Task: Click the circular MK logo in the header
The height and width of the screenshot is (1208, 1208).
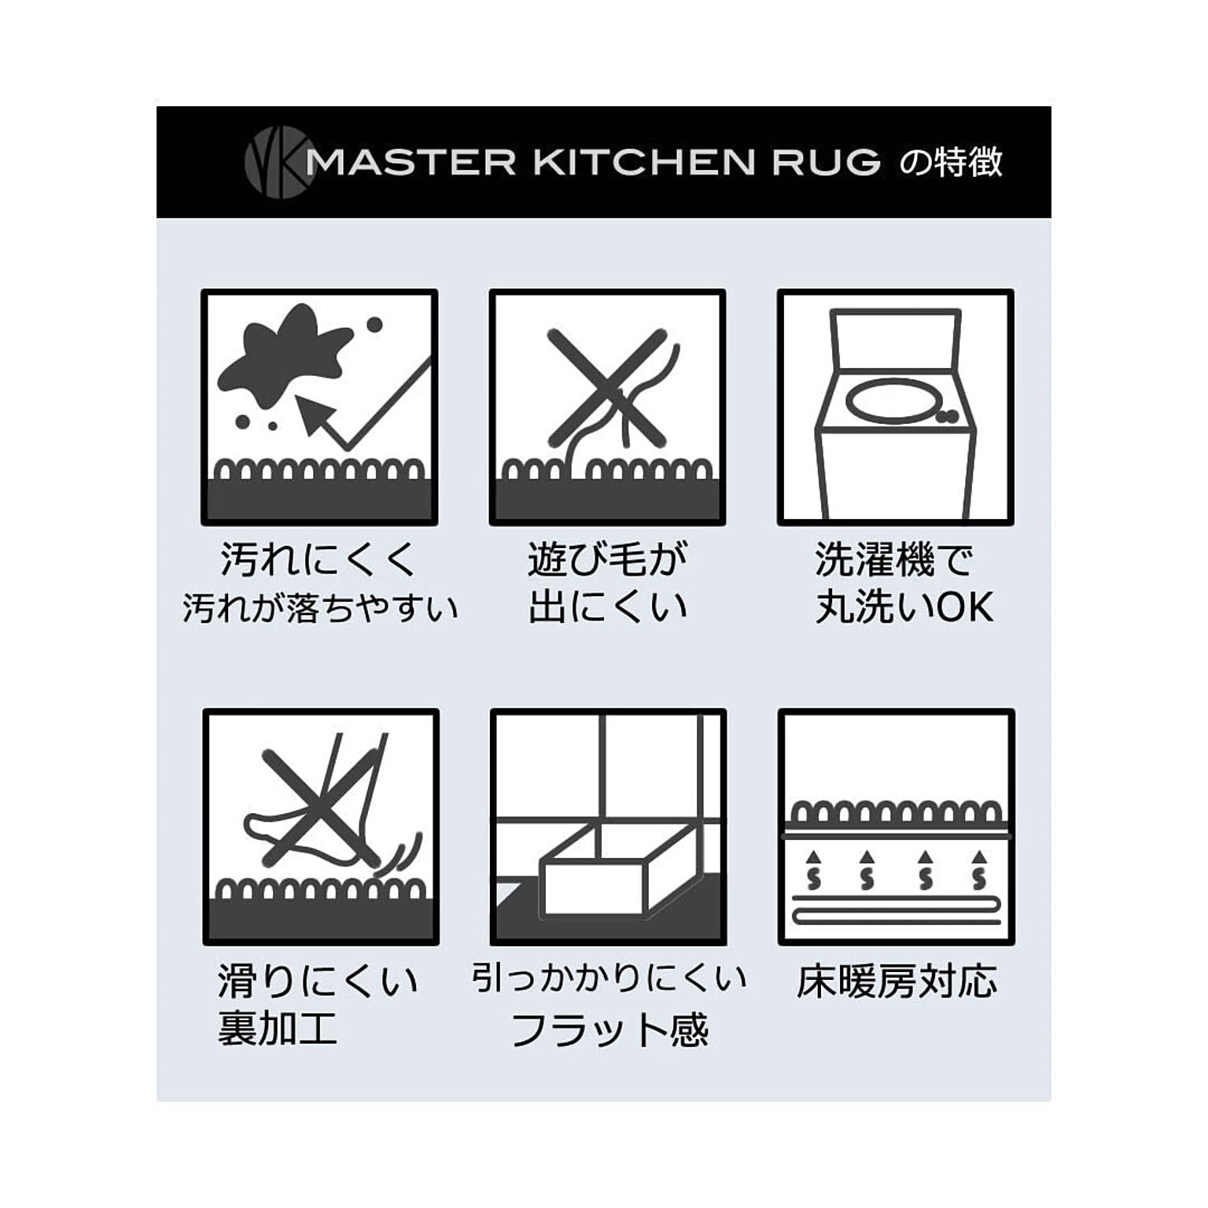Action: (276, 162)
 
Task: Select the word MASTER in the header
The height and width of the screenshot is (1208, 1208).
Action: (411, 162)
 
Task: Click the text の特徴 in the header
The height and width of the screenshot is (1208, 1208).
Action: (951, 162)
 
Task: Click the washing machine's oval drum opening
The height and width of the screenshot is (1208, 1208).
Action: (893, 400)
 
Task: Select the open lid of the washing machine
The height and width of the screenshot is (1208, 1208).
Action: (896, 338)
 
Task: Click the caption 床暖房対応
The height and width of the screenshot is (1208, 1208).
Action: (897, 982)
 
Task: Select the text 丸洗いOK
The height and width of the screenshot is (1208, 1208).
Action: (904, 608)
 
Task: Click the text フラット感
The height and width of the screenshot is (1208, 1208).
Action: (610, 1029)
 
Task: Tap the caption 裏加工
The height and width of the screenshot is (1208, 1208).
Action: (277, 1028)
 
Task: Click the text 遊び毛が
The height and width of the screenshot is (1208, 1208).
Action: (607, 561)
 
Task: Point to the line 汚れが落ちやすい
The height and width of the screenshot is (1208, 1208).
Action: (320, 609)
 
